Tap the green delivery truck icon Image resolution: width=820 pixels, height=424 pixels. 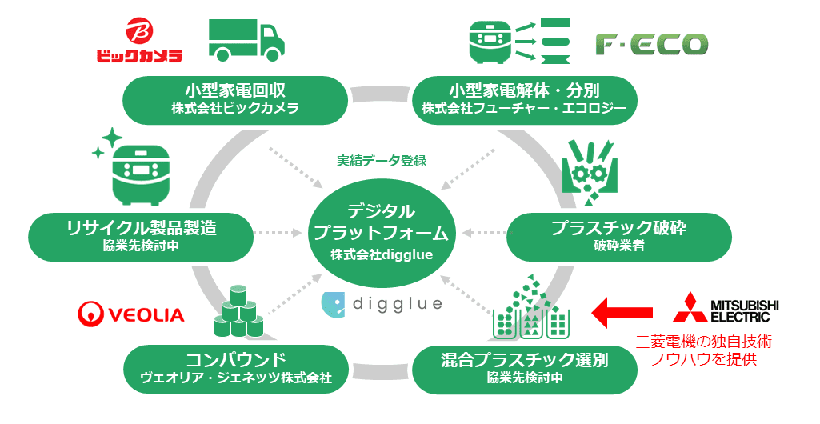[x=246, y=39]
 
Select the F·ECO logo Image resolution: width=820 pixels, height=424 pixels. [x=651, y=45]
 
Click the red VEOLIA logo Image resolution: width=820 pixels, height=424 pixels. [x=131, y=314]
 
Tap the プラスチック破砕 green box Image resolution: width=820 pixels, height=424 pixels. [x=619, y=234]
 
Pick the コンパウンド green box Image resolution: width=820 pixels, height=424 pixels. [x=235, y=367]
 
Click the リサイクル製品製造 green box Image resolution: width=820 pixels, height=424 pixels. [x=141, y=234]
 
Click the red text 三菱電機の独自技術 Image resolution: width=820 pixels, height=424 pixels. [x=704, y=342]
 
